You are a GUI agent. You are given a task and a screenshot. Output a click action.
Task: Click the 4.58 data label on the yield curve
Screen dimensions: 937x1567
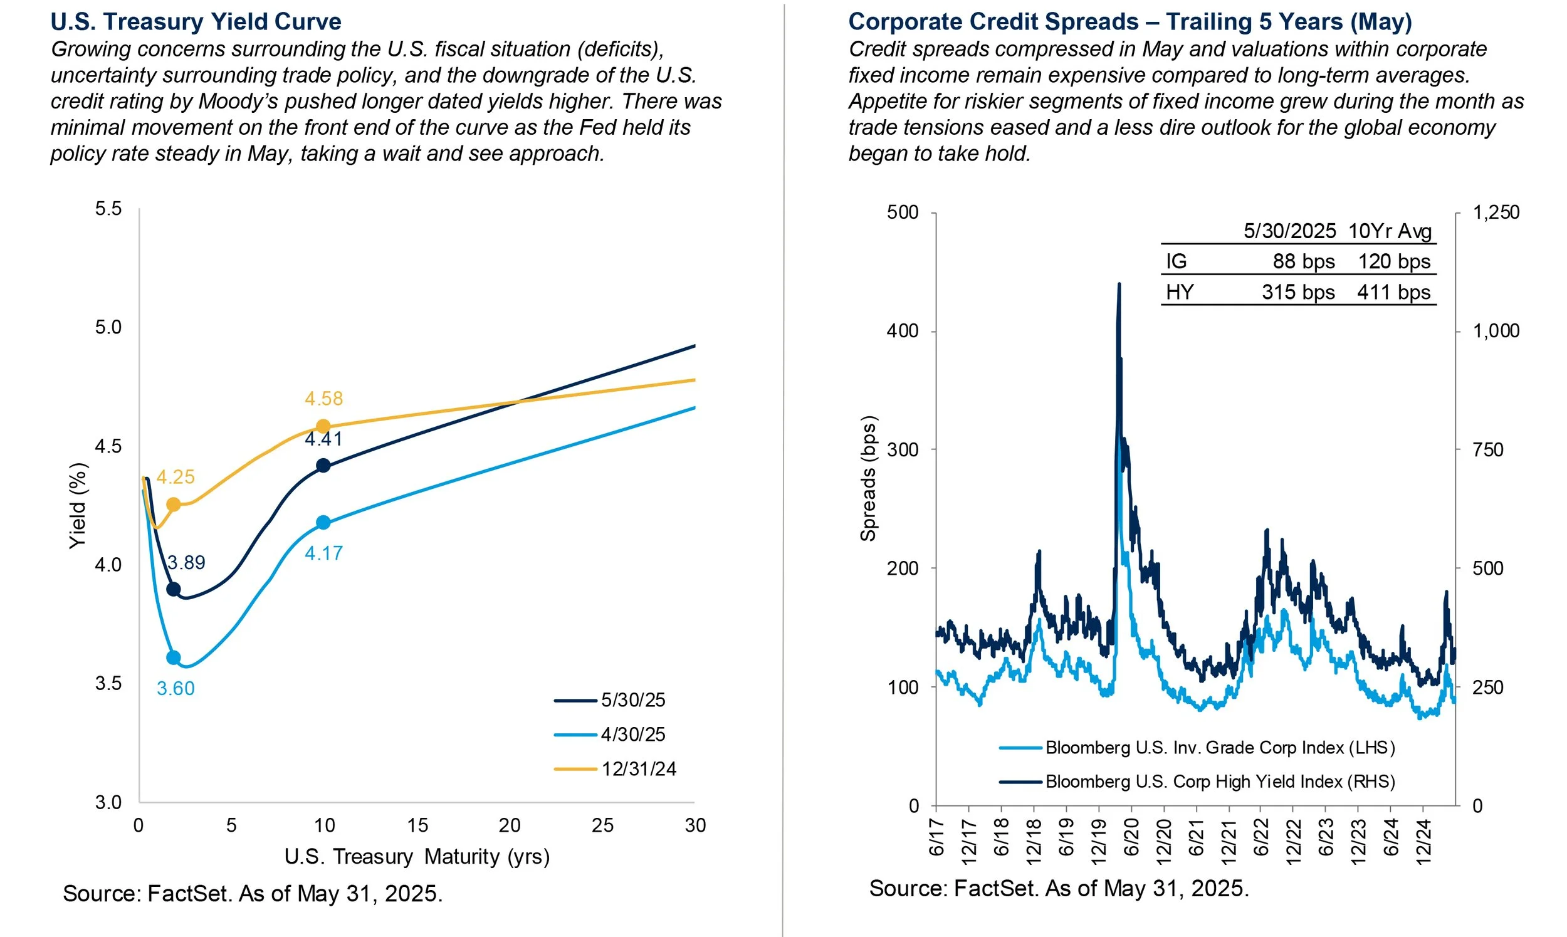coord(323,399)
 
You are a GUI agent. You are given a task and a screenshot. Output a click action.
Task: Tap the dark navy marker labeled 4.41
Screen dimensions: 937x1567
coord(323,466)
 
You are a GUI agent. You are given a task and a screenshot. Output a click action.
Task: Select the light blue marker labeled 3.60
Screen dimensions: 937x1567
coord(173,658)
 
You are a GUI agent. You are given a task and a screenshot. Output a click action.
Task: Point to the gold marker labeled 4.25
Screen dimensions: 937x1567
coord(173,505)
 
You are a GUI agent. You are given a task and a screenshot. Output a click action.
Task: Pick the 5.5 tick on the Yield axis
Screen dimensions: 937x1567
coord(108,209)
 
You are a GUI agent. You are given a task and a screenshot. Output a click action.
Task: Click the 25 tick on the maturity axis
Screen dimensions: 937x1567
coord(602,825)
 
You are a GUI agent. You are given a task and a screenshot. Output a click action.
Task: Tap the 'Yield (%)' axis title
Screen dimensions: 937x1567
coord(78,506)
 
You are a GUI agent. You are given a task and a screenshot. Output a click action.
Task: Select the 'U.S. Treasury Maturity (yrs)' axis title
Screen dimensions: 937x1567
coord(417,857)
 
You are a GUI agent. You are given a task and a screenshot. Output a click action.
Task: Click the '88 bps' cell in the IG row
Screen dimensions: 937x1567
coord(1303,261)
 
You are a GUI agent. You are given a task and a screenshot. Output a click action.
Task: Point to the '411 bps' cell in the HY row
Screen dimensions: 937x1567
coord(1393,292)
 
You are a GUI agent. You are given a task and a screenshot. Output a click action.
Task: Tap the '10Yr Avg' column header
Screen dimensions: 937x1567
coord(1390,231)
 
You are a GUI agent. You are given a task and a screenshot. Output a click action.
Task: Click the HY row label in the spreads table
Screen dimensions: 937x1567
coord(1180,292)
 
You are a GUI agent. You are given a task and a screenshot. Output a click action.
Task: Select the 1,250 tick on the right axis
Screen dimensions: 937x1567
coord(1496,212)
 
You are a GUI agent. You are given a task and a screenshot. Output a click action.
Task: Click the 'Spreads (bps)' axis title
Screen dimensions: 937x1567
coord(869,479)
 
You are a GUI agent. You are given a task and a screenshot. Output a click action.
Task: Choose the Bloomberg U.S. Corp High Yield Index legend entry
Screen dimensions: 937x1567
coord(1220,782)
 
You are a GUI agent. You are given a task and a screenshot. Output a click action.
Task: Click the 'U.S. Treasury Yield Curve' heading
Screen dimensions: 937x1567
coord(196,21)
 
